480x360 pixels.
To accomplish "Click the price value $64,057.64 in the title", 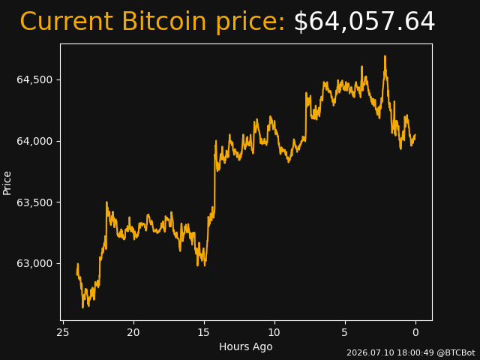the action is coord(364,22).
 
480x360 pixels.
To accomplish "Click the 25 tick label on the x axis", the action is coord(63,332).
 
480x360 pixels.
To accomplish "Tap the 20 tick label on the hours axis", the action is coord(133,332).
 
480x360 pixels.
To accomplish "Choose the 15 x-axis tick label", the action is coord(204,332).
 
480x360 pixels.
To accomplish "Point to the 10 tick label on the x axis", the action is coord(274,332).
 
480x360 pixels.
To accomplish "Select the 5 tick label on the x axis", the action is coord(345,332).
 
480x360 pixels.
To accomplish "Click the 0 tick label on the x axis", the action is coord(415,332).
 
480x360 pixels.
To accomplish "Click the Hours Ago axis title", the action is coord(246,346).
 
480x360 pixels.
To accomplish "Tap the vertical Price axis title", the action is coord(7,183).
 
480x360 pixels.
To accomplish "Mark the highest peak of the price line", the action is coord(385,56).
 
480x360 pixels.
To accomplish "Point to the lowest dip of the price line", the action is coord(82,307).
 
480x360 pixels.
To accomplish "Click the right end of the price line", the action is coord(415,135).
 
